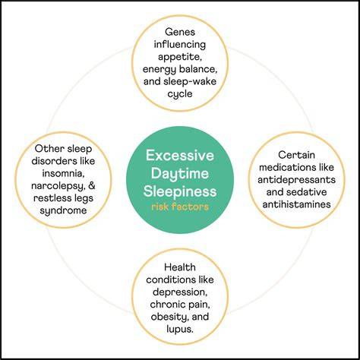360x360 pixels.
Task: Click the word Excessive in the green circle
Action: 180,155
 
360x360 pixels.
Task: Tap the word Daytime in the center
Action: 180,174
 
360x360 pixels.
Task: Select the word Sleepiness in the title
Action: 180,191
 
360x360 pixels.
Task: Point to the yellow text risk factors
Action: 180,207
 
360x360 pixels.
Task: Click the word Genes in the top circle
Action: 180,32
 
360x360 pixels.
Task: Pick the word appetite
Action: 179,57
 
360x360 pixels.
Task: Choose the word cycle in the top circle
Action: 180,94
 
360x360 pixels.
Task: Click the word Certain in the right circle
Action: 296,155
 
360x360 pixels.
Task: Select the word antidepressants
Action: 296,180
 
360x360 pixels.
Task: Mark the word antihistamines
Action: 296,204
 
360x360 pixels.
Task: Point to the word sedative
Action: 309,192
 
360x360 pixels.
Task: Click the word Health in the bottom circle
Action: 180,267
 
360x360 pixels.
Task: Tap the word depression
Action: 180,292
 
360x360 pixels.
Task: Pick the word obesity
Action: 167,317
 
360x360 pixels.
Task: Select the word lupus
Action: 180,330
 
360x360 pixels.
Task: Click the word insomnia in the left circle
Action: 63,173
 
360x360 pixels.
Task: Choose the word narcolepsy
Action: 58,186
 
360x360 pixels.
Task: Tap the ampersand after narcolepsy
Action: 92,185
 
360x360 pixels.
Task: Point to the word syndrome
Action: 63,210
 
